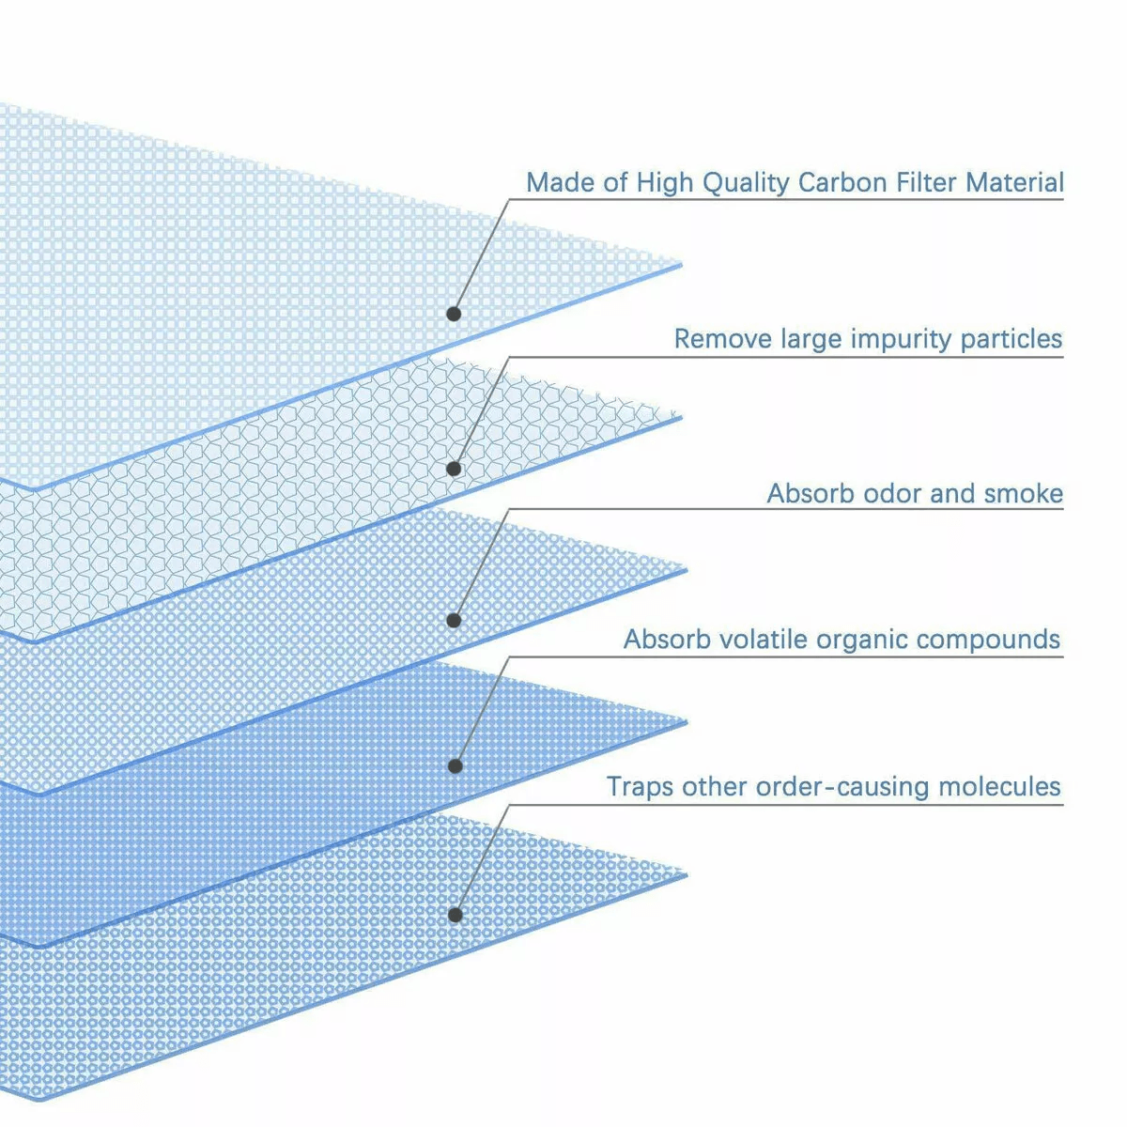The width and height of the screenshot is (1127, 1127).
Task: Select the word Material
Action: point(1014,182)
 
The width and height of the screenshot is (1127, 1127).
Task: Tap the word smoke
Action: point(1024,494)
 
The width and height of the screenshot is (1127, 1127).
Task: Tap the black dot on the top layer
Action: point(454,314)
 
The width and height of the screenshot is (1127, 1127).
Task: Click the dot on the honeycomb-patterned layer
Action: point(454,469)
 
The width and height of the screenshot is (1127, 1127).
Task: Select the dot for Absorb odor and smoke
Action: point(454,621)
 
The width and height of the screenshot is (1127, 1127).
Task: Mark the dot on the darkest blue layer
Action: point(455,766)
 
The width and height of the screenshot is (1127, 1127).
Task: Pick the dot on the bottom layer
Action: point(455,916)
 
